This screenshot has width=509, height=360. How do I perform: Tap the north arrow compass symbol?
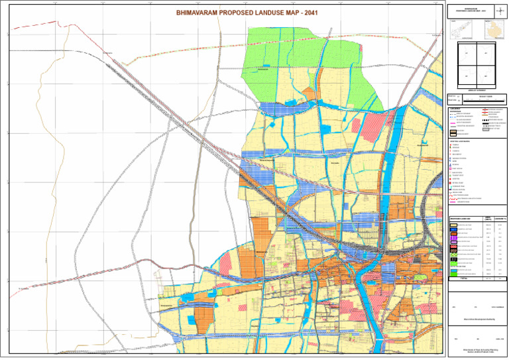pyautogui.click(x=497, y=11)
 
